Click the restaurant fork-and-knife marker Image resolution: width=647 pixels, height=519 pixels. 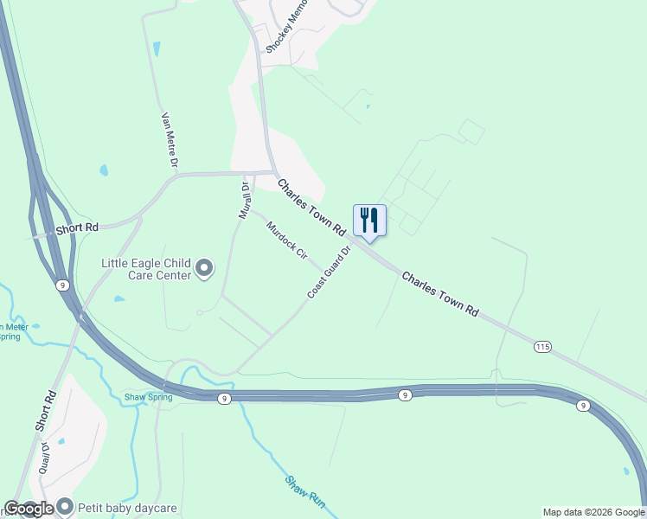point(369,220)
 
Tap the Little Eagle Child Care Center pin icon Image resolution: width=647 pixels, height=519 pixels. point(204,269)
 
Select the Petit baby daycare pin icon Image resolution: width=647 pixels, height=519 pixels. point(66,509)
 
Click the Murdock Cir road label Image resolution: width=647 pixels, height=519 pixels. point(287,241)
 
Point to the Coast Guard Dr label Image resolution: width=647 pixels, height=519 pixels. point(329,273)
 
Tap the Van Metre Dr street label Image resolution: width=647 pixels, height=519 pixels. point(170,139)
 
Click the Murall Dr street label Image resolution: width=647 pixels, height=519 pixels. point(245,200)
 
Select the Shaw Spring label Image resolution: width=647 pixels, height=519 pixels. point(148,397)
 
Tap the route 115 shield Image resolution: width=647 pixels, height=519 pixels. point(542,347)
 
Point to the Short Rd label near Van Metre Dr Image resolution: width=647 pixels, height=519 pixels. point(77,228)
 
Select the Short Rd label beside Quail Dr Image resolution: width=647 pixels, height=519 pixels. point(47,411)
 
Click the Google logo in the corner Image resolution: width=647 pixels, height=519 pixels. point(29,509)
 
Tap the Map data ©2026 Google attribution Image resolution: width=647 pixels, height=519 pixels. point(593,512)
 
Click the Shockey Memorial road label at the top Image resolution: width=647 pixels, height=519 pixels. point(286,26)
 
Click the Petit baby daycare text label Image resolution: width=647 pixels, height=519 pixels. point(128,509)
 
